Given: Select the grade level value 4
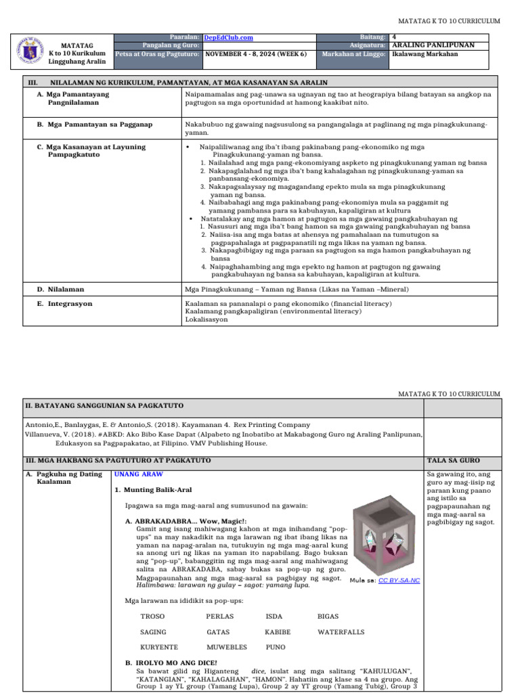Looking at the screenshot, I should pyautogui.click(x=395, y=37).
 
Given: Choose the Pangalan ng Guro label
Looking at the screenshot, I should pyautogui.click(x=175, y=45).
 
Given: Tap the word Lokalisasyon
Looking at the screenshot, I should pyautogui.click(x=207, y=319).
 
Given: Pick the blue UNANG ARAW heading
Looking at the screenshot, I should pyautogui.click(x=138, y=474).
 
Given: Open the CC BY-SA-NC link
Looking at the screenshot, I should pyautogui.click(x=399, y=581).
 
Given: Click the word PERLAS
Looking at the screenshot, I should pyautogui.click(x=219, y=617).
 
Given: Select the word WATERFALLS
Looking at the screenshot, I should pyautogui.click(x=341, y=632).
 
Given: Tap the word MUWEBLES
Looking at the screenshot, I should pyautogui.click(x=226, y=648).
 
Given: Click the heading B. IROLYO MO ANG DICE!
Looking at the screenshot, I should pyautogui.click(x=171, y=662).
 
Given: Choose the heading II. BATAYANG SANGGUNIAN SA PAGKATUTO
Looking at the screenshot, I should pyautogui.click(x=104, y=405).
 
